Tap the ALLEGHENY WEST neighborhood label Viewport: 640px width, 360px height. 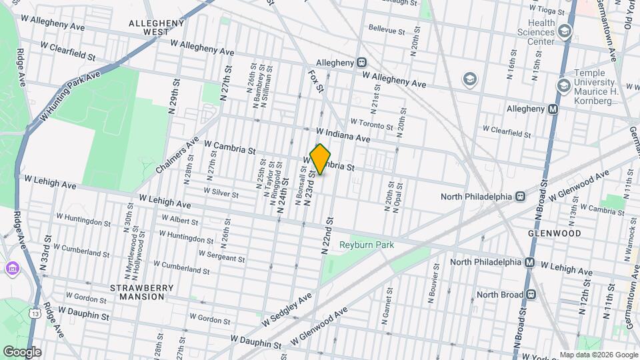[x=156, y=27]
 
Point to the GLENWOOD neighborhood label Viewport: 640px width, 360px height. [x=555, y=233]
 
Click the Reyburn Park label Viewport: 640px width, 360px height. [x=367, y=245]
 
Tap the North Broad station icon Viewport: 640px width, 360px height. [x=531, y=294]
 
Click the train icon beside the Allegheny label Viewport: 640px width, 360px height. [x=361, y=62]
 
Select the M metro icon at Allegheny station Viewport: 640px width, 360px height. [x=553, y=109]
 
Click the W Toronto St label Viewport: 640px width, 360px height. [x=372, y=125]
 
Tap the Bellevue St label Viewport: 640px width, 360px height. [x=387, y=31]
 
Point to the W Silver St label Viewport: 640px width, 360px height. [x=221, y=191]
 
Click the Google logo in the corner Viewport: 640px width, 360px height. [x=22, y=351]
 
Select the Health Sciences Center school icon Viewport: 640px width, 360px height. [x=565, y=31]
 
